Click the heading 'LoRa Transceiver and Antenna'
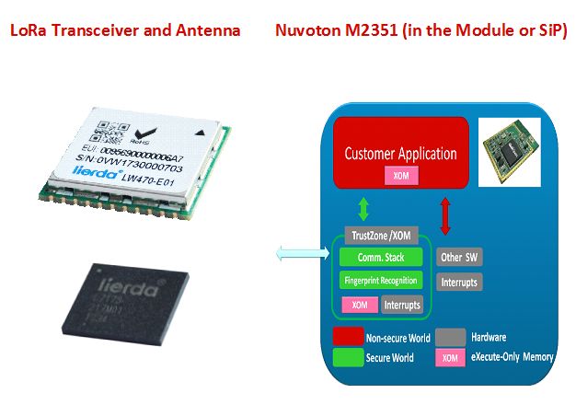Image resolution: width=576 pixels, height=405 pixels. point(125,31)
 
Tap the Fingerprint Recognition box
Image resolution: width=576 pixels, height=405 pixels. point(381,280)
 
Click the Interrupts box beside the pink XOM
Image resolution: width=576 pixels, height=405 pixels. point(401,304)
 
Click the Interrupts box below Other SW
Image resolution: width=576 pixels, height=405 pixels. point(458,281)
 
